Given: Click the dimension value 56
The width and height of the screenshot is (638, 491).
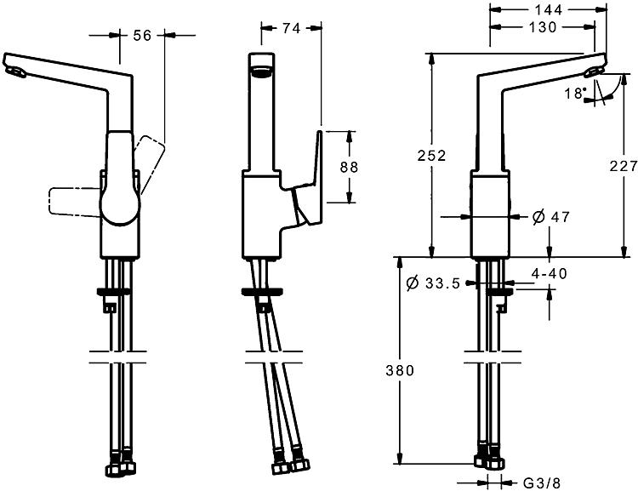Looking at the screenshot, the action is pyautogui.click(x=142, y=36).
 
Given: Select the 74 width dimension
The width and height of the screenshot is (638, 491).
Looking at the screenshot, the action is pyautogui.click(x=291, y=28).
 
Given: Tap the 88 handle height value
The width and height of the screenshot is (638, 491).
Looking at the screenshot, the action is pyautogui.click(x=349, y=167).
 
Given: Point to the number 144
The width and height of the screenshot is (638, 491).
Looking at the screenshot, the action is pyautogui.click(x=548, y=9).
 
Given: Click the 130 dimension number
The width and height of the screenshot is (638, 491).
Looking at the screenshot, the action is pyautogui.click(x=543, y=27).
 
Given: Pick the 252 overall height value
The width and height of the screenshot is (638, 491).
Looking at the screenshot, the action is pyautogui.click(x=431, y=155).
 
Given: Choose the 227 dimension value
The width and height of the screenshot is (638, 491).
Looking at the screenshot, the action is pyautogui.click(x=624, y=166).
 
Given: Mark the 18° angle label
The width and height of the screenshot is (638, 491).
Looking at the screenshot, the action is pyautogui.click(x=575, y=94).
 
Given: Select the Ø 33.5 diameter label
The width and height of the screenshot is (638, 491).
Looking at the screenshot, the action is pyautogui.click(x=433, y=283).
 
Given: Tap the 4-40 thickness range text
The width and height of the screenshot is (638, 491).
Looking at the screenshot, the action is pyautogui.click(x=549, y=274).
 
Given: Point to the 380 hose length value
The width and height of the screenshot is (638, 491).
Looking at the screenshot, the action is pyautogui.click(x=400, y=370).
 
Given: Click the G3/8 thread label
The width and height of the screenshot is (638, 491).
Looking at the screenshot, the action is pyautogui.click(x=542, y=483).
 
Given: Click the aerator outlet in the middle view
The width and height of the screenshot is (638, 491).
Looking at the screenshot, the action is pyautogui.click(x=261, y=72).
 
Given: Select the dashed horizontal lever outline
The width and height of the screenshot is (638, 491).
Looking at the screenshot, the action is pyautogui.click(x=75, y=201).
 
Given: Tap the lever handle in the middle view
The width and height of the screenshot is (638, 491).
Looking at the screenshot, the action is pyautogui.click(x=310, y=183).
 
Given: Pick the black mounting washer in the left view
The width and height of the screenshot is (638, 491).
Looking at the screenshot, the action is pyautogui.click(x=113, y=292).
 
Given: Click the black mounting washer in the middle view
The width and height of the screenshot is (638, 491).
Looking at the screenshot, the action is pyautogui.click(x=262, y=292).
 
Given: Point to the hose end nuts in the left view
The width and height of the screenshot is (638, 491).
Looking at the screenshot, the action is pyautogui.click(x=121, y=465).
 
